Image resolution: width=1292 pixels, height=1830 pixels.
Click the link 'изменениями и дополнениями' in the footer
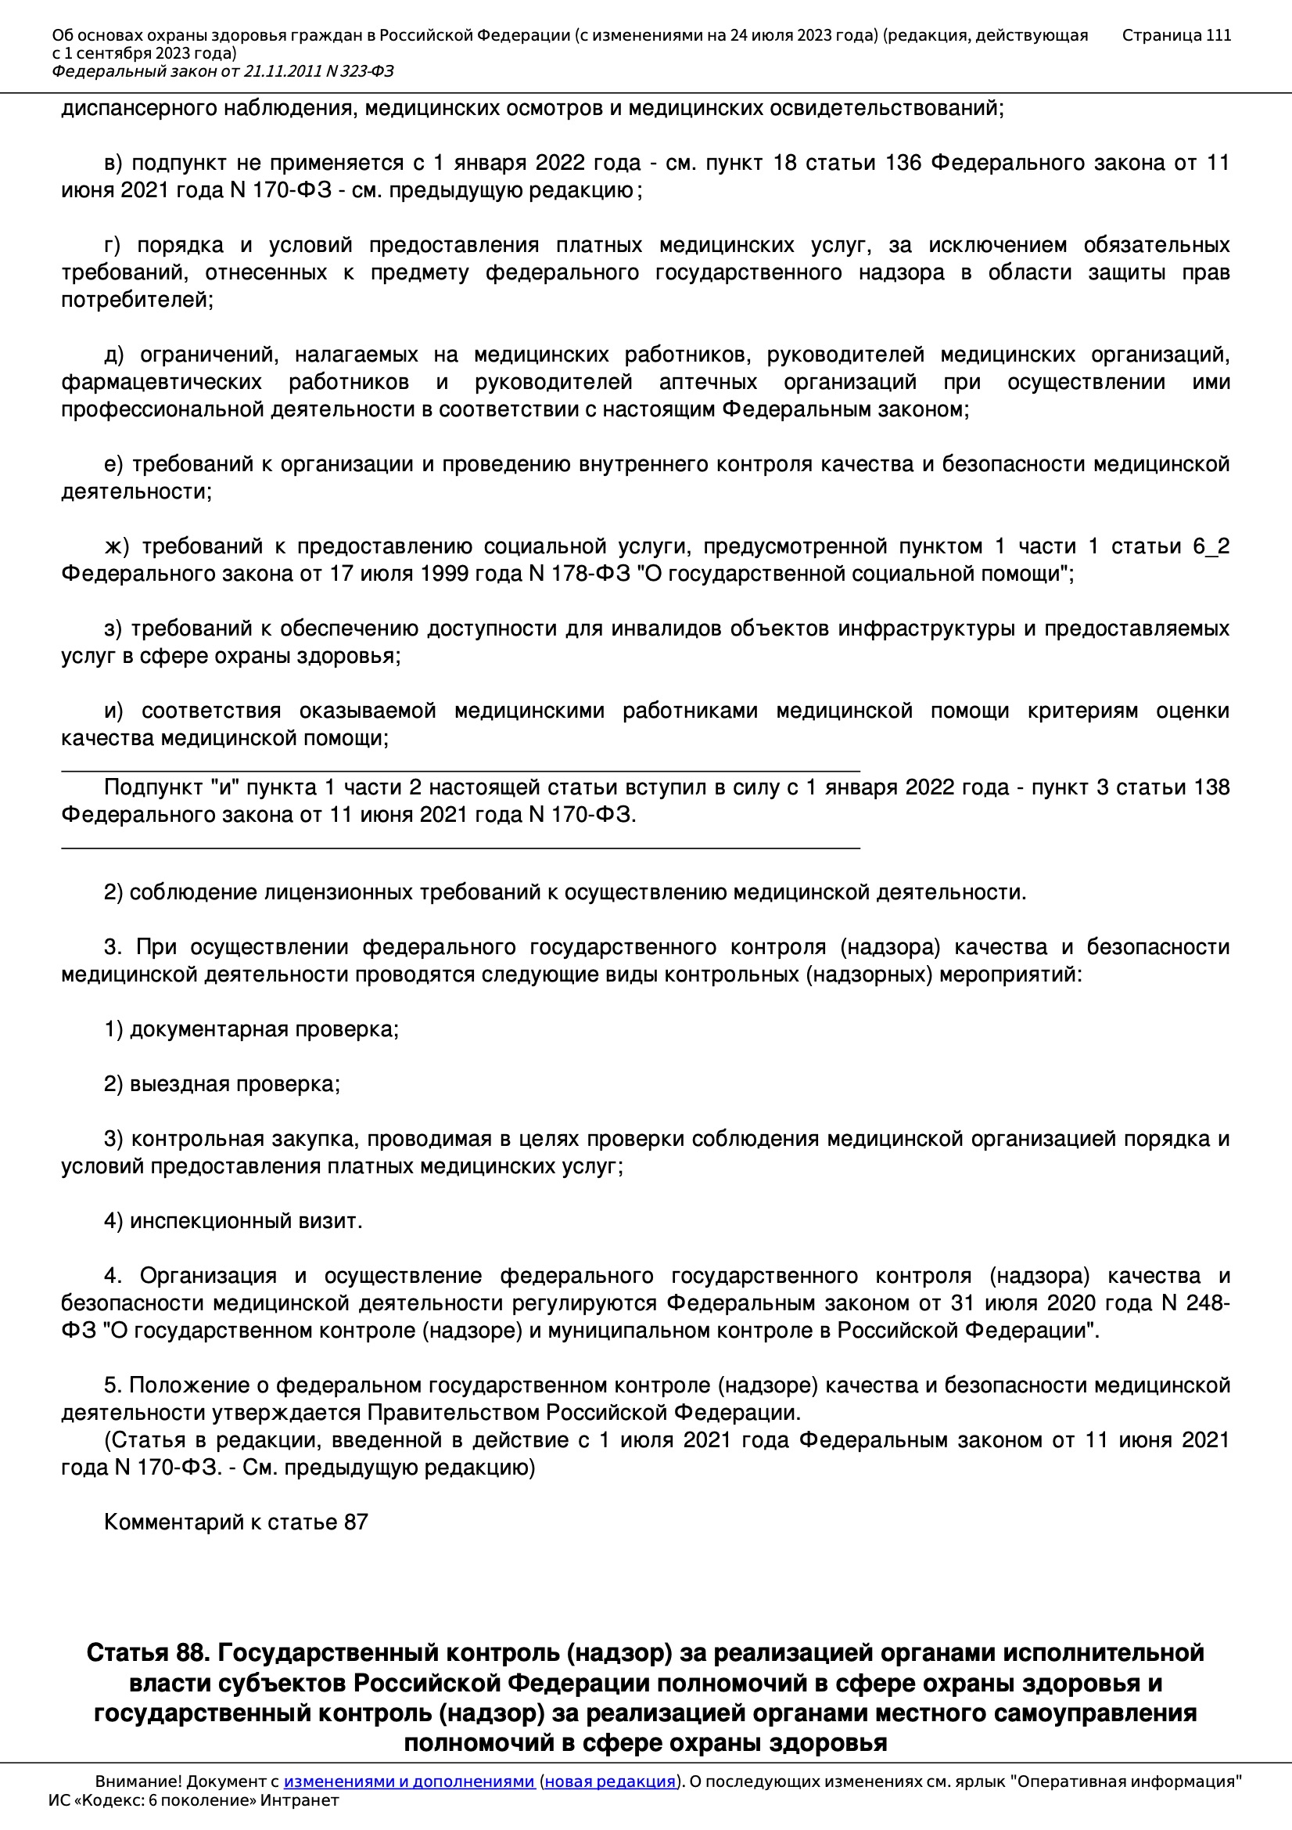pyautogui.click(x=408, y=1781)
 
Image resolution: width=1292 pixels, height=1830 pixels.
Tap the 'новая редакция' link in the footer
pyautogui.click(x=609, y=1781)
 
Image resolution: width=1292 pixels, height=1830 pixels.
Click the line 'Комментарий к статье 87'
pyautogui.click(x=235, y=1522)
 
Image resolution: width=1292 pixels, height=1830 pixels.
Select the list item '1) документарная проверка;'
pyautogui.click(x=251, y=1030)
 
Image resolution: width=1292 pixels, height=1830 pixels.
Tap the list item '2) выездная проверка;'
pyautogui.click(x=221, y=1084)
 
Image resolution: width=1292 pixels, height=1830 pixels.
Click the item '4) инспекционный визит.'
pyautogui.click(x=232, y=1221)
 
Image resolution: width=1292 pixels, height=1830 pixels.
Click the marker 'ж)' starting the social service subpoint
pyautogui.click(x=116, y=547)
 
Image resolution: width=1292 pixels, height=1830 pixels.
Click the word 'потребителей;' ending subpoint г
pyautogui.click(x=137, y=301)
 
